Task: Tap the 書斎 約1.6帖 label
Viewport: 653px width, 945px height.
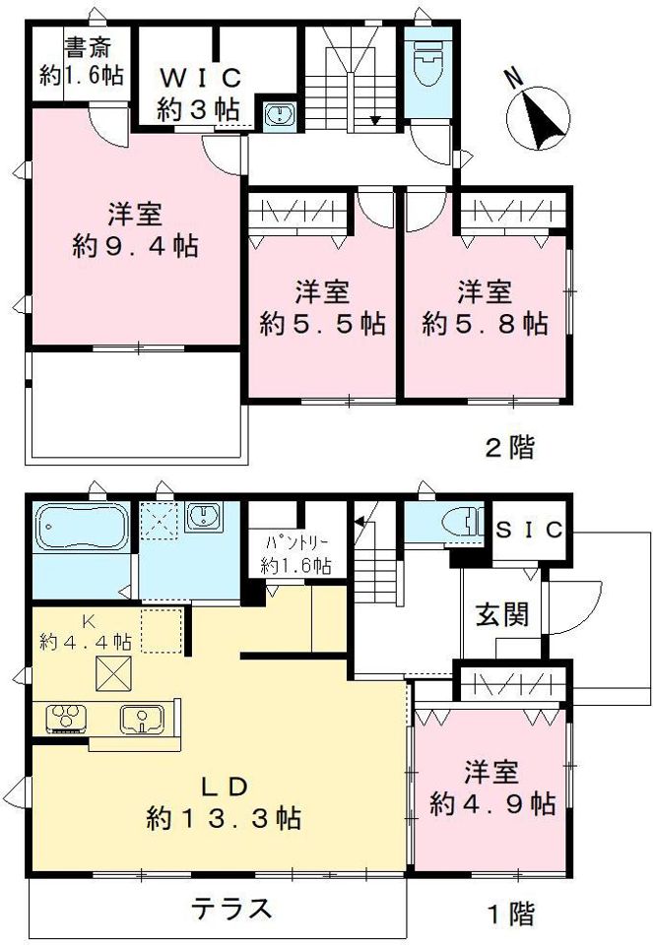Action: tap(82, 61)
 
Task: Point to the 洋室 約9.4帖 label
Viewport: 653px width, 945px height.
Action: tap(135, 228)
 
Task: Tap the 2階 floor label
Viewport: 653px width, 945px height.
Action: tap(510, 449)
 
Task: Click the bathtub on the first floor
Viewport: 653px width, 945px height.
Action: tap(82, 530)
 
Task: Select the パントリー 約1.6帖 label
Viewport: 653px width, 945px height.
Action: tap(295, 554)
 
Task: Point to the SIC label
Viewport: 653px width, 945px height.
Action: tap(528, 530)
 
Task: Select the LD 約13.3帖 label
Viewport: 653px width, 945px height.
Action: tap(224, 801)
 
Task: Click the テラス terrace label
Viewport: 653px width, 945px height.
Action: tap(231, 908)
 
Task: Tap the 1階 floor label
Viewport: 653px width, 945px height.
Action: tap(510, 913)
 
